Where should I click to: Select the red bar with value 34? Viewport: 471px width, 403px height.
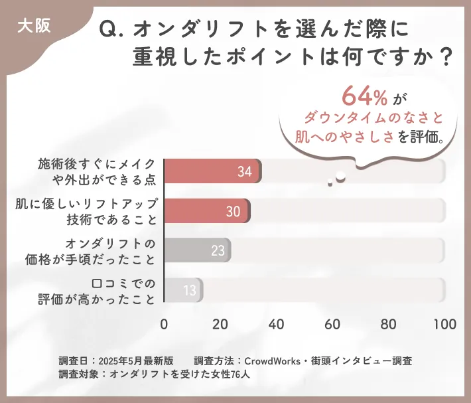212,171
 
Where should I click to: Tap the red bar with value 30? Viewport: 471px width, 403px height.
206,211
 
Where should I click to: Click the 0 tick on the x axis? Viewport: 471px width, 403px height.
164,325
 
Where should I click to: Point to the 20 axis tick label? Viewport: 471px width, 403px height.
220,325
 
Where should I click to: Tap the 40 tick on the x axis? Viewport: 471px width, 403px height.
276,325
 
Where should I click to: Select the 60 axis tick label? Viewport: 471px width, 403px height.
332,325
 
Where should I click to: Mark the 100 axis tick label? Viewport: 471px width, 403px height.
444,325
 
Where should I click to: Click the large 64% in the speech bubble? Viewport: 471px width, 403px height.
364,96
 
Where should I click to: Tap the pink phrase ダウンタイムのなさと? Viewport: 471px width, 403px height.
373,118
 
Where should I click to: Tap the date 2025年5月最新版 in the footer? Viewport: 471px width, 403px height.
136,361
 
